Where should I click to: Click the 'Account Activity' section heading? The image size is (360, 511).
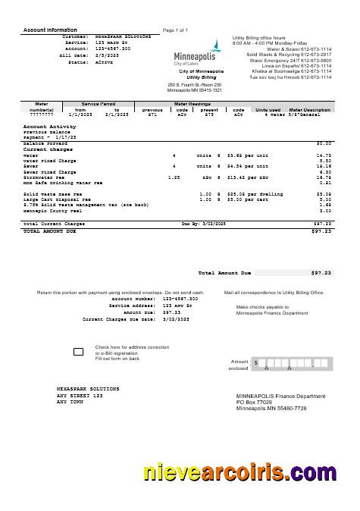coord(49,127)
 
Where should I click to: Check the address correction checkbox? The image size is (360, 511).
coord(78,352)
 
